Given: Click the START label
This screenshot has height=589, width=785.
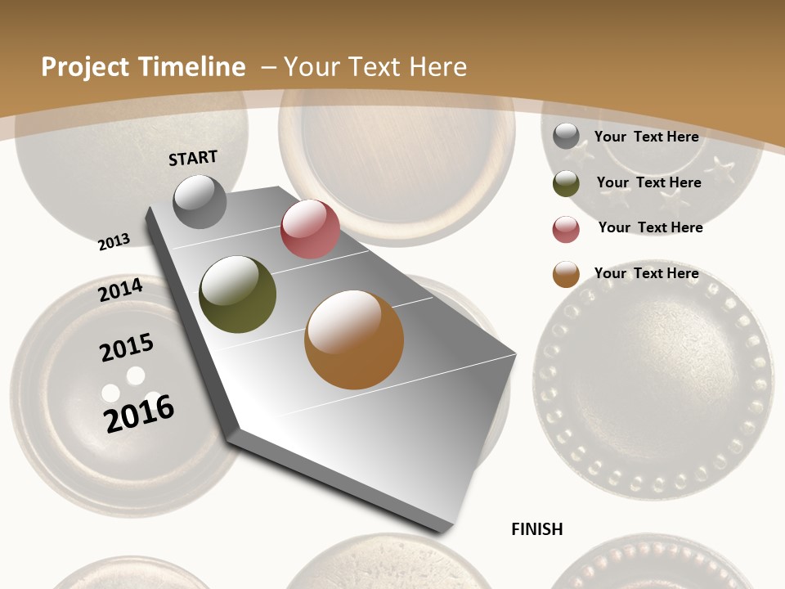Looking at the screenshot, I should click(x=193, y=158).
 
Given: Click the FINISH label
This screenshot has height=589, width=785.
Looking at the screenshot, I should click(x=537, y=529).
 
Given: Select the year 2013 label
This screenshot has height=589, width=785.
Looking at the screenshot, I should click(x=114, y=241).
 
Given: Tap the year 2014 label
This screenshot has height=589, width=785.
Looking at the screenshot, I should click(x=120, y=290).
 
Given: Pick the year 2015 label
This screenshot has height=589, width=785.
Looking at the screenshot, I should click(x=127, y=347).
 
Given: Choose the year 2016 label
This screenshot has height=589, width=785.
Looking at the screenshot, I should click(x=139, y=413).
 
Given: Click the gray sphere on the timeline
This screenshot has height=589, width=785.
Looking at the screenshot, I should click(x=200, y=202).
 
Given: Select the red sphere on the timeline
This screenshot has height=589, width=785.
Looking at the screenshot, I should click(x=310, y=229).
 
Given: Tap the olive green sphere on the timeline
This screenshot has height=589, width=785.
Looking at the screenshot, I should click(x=238, y=294).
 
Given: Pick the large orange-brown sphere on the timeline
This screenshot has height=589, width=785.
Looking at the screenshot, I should click(x=354, y=339).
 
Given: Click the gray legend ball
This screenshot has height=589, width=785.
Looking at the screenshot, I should click(x=566, y=136).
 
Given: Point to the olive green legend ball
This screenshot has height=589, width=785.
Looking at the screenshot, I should click(x=566, y=183).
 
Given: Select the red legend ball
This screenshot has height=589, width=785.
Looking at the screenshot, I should click(x=566, y=229).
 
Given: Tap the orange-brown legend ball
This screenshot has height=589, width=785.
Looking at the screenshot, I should click(x=566, y=275).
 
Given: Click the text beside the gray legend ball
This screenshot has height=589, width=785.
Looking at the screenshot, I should click(x=646, y=137).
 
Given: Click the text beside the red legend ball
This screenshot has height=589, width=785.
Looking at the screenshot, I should click(x=650, y=227).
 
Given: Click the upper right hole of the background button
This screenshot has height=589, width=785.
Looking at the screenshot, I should click(x=136, y=375).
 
